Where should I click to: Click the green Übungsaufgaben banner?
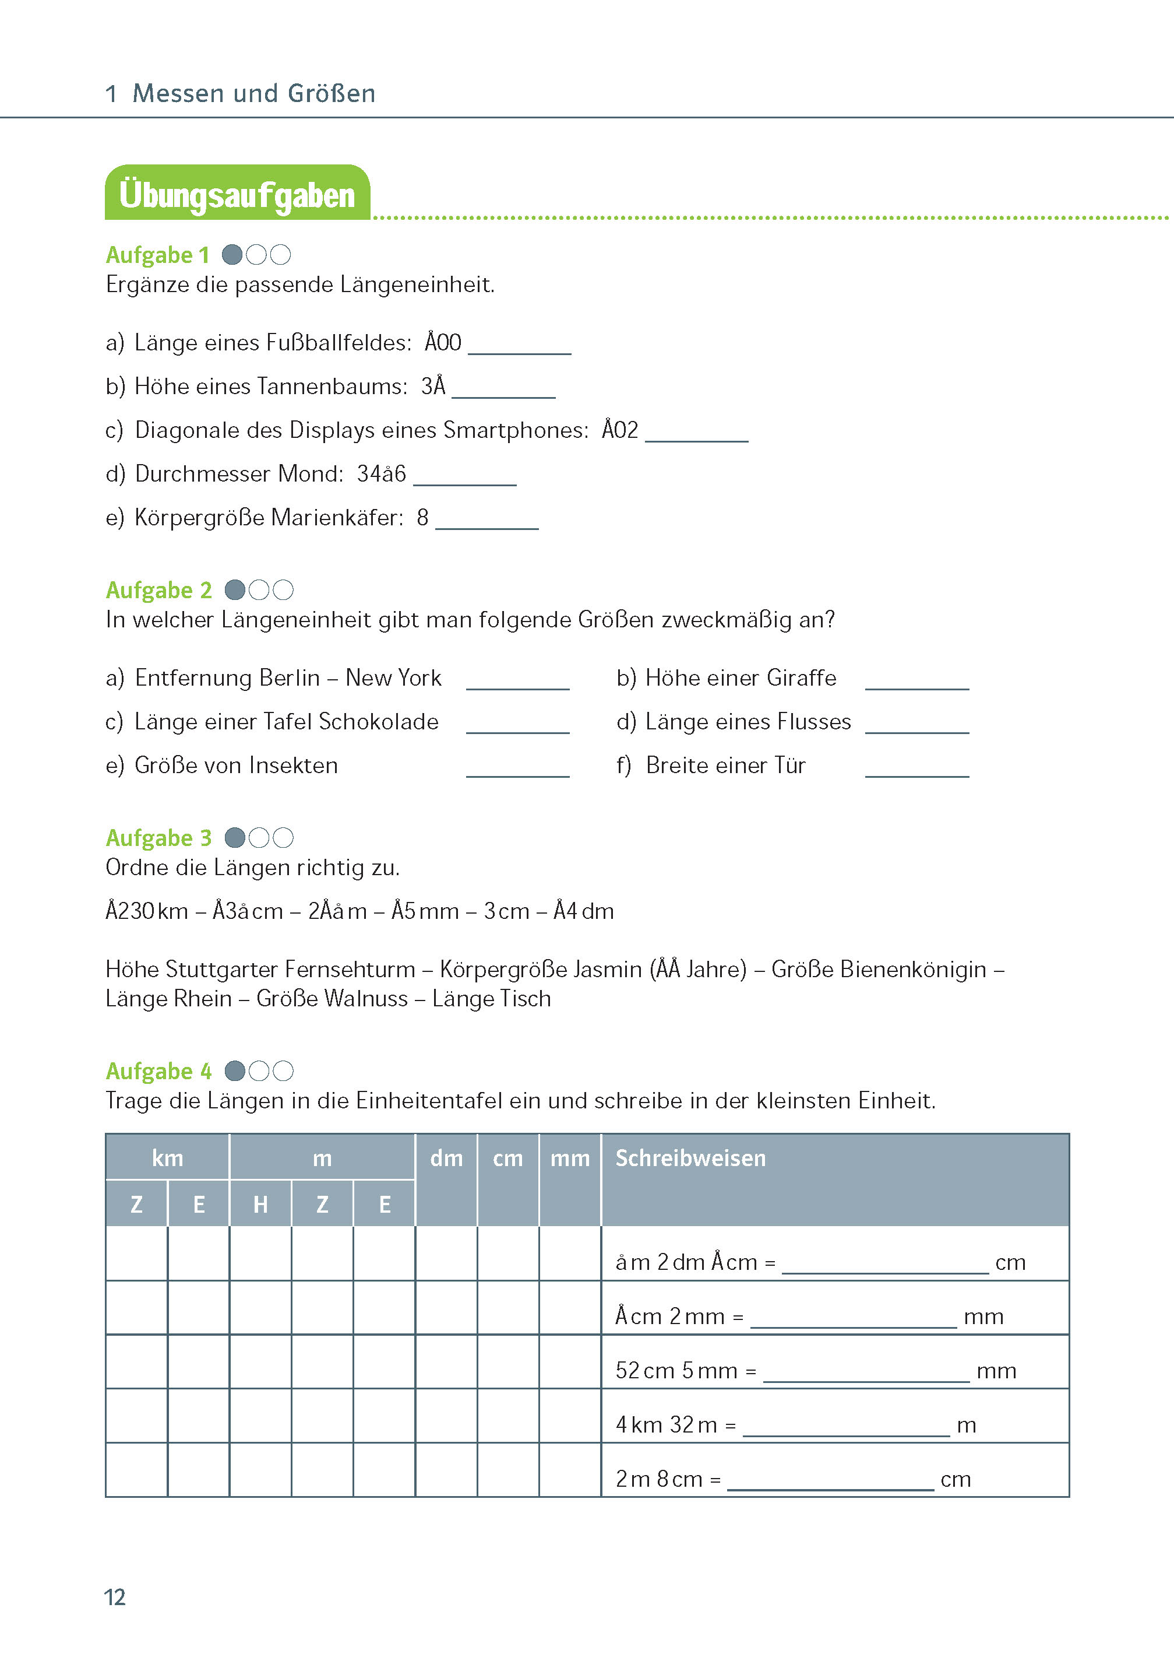(237, 194)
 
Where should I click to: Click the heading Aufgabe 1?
(157, 255)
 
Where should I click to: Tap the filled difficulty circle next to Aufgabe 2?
(235, 590)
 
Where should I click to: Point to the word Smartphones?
(516, 430)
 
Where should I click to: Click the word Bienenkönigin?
(913, 969)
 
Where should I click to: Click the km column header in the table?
(167, 1158)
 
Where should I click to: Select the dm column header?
(446, 1159)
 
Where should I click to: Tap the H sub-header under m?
(260, 1204)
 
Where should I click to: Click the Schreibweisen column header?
(690, 1158)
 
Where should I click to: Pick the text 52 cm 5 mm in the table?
(675, 1371)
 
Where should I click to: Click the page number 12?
(115, 1597)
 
